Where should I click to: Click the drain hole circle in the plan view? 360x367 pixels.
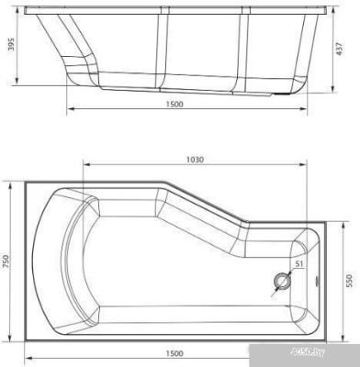click(281, 282)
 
